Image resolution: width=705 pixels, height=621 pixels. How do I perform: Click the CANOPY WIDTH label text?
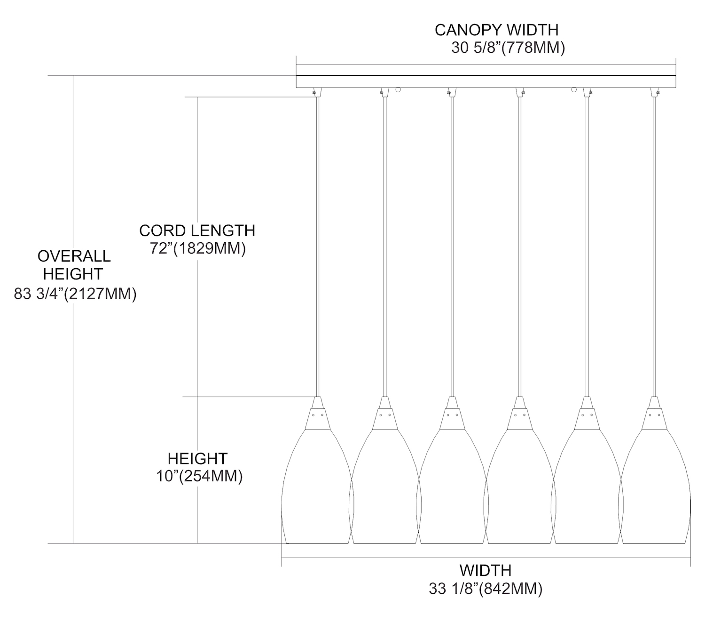click(x=496, y=30)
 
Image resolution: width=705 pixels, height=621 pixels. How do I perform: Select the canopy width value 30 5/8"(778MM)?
click(x=508, y=48)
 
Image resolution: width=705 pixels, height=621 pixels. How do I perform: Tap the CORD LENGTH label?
click(x=197, y=231)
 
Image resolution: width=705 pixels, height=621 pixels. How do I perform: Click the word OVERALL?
click(x=74, y=256)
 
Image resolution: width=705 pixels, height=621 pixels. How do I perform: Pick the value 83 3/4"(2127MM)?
click(x=75, y=294)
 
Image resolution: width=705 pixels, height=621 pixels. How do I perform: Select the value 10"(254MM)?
click(x=199, y=476)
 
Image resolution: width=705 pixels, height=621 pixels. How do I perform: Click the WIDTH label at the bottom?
click(x=485, y=570)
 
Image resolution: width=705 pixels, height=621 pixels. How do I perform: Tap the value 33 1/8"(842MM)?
click(x=486, y=589)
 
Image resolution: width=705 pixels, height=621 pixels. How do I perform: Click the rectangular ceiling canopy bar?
click(x=486, y=81)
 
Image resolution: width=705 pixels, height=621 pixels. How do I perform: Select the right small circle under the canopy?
click(x=574, y=89)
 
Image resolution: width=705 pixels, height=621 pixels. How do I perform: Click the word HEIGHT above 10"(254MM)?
click(x=197, y=459)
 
